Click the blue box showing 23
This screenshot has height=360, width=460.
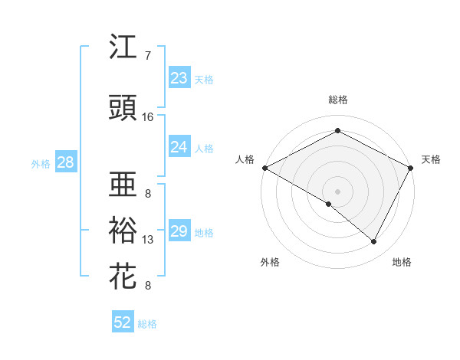[179, 77]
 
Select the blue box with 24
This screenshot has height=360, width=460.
[179, 147]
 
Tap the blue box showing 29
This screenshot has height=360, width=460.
[179, 231]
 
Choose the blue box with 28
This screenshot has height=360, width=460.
[64, 162]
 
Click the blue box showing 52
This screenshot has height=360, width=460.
[123, 322]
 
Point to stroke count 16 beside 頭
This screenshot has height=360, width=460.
[148, 117]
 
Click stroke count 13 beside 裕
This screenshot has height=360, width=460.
[148, 240]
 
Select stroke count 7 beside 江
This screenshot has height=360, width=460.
[148, 56]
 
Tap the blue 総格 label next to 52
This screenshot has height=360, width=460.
[147, 324]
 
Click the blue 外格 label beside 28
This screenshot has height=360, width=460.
[41, 164]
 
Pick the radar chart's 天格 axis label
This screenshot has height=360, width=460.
[431, 159]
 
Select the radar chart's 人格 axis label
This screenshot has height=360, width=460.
[245, 159]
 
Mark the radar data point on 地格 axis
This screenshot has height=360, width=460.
[374, 242]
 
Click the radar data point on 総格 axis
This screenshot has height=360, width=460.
[337, 131]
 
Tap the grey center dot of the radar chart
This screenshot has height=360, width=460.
[337, 190]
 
